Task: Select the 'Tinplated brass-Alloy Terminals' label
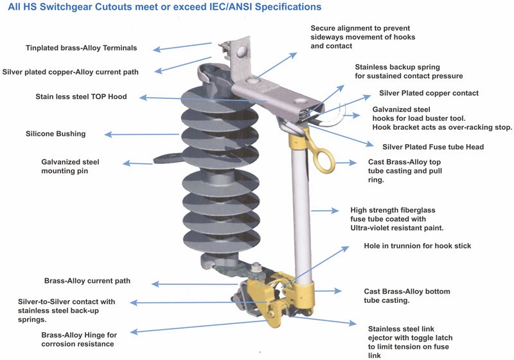click(x=81, y=48)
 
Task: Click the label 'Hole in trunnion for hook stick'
click(x=418, y=246)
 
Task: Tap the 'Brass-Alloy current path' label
click(x=87, y=282)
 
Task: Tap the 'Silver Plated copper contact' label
click(x=429, y=93)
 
